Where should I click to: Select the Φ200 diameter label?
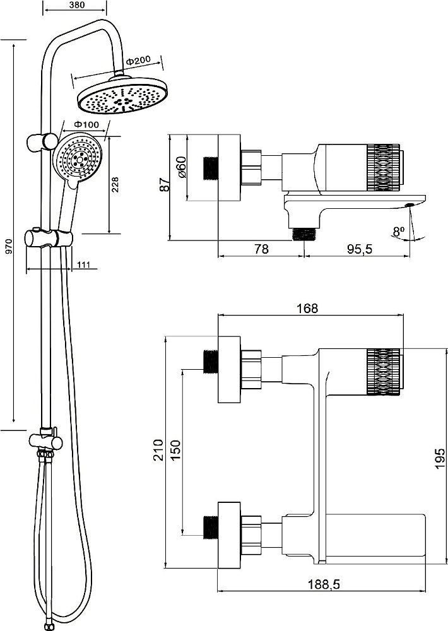pyautogui.click(x=138, y=61)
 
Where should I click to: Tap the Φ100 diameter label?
pyautogui.click(x=86, y=124)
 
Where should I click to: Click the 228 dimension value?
pyautogui.click(x=115, y=185)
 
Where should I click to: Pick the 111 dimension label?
pyautogui.click(x=83, y=264)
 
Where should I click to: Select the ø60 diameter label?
pyautogui.click(x=181, y=167)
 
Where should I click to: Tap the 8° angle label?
pyautogui.click(x=399, y=232)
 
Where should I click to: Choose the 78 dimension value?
pyautogui.click(x=262, y=249)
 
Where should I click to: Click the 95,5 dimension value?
pyautogui.click(x=360, y=249)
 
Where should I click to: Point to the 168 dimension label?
pyautogui.click(x=307, y=309)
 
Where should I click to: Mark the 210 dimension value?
pyautogui.click(x=158, y=450)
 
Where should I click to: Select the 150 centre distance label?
pyautogui.click(x=176, y=450)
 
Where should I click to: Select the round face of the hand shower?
pyautogui.click(x=78, y=158)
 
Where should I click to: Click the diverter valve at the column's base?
pyautogui.click(x=45, y=441)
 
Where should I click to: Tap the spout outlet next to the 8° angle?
pyautogui.click(x=410, y=205)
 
